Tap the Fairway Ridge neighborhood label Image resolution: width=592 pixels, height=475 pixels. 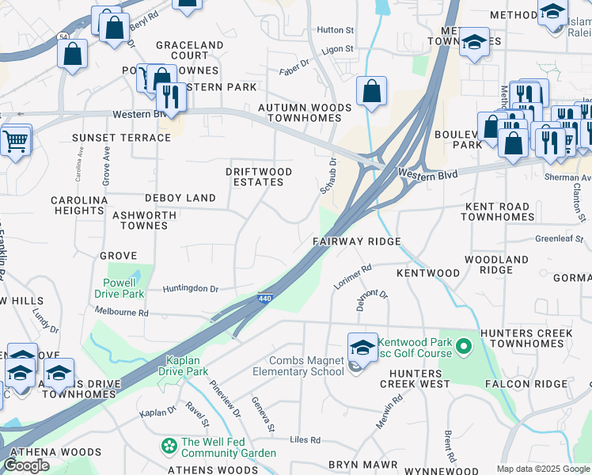[357, 241]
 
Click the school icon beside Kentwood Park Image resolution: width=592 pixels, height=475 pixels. [362, 347]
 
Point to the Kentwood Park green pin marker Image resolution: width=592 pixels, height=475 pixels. [465, 346]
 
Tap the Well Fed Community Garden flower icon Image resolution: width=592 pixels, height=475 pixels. [169, 447]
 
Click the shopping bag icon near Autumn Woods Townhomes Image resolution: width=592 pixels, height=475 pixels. [371, 91]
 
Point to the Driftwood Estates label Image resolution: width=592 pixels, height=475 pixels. [259, 177]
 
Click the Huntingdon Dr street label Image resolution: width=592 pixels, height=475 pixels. [190, 289]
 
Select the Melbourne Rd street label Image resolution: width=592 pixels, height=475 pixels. [122, 313]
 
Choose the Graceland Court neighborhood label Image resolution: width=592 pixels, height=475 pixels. [189, 50]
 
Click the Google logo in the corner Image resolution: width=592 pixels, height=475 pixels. [26, 465]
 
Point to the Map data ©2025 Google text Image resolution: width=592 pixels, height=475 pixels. [542, 469]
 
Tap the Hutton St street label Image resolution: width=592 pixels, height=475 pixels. [335, 30]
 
